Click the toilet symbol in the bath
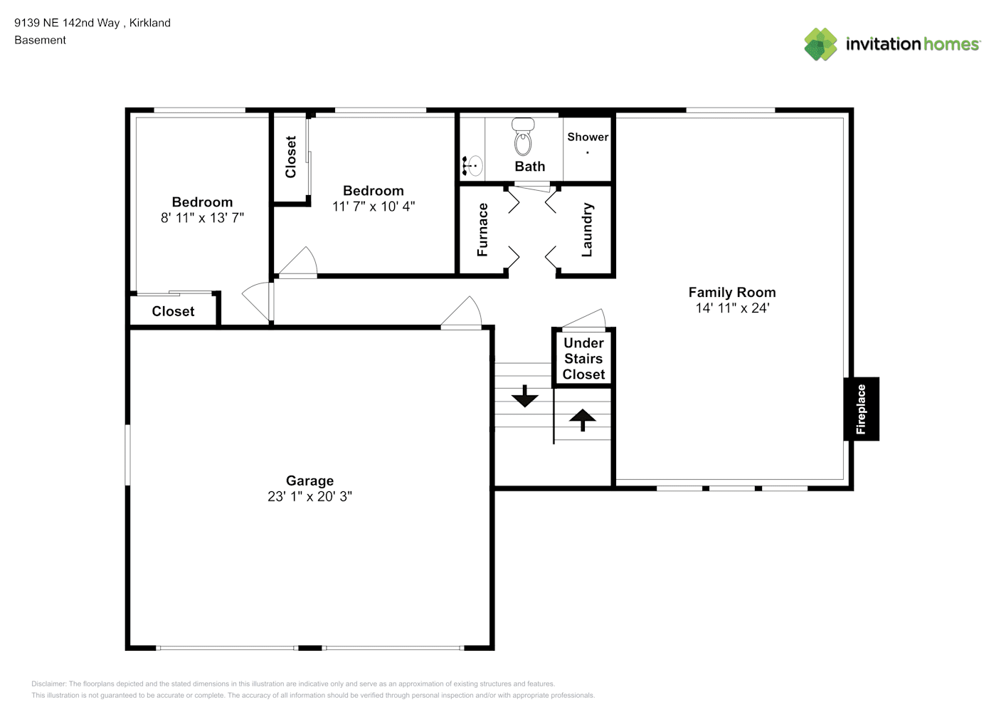523,137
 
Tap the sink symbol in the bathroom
472,166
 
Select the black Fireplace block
861,409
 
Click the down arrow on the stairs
524,397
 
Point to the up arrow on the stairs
583,420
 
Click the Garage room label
310,481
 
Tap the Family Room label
732,293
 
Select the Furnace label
482,230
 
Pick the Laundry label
587,230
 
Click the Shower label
588,137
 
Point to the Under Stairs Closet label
583,359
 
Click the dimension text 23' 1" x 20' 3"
310,496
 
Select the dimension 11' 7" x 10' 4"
374,206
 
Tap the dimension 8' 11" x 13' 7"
202,218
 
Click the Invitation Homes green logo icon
820,44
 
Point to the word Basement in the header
40,40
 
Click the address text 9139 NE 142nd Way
67,23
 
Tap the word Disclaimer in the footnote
48,684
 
